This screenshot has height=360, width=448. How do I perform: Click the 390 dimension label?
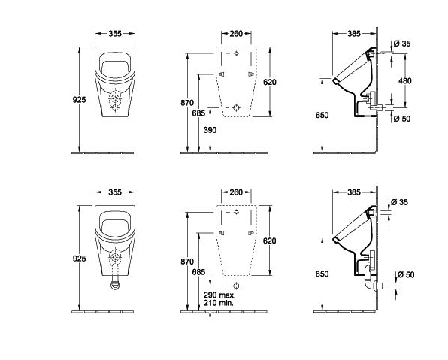click(210, 130)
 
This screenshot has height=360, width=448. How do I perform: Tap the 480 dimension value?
click(405, 81)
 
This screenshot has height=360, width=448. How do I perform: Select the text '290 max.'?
click(219, 295)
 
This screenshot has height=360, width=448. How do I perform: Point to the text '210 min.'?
click(218, 303)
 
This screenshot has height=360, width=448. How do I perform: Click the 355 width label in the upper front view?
click(115, 33)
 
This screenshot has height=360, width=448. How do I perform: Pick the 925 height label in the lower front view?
click(79, 259)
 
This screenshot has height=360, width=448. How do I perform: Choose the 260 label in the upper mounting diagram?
click(236, 33)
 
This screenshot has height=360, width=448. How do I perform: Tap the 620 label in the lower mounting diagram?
click(269, 241)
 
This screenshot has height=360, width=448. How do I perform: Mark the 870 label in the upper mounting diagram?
click(187, 103)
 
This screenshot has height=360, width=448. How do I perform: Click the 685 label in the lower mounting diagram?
click(198, 272)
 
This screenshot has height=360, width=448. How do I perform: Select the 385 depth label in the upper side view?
click(354, 33)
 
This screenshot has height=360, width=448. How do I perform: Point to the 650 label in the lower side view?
click(322, 274)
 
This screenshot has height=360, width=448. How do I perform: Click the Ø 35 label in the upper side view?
click(402, 44)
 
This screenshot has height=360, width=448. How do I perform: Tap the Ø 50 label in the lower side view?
click(406, 274)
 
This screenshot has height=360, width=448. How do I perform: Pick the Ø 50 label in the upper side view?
click(402, 118)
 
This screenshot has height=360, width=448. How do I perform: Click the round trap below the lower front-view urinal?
click(115, 285)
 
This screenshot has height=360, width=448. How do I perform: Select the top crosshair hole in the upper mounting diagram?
click(236, 53)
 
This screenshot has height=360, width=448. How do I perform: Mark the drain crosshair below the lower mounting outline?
click(236, 286)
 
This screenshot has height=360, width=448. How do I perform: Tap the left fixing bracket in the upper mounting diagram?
click(222, 74)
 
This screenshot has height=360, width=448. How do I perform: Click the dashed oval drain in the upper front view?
click(115, 99)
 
